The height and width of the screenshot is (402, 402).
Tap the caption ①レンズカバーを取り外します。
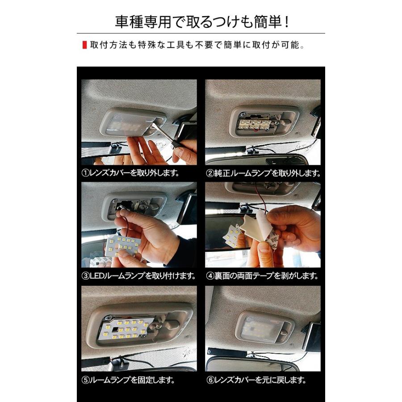point(130,173)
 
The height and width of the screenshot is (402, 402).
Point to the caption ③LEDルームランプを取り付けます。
point(139,276)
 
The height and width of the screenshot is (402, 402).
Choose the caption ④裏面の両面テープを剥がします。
point(263,276)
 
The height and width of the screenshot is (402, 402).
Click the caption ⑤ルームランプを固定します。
point(128,381)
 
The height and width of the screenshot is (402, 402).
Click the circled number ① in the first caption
point(85,173)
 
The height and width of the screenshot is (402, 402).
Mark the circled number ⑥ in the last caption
point(210,381)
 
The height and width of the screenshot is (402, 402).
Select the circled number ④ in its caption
point(210,276)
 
